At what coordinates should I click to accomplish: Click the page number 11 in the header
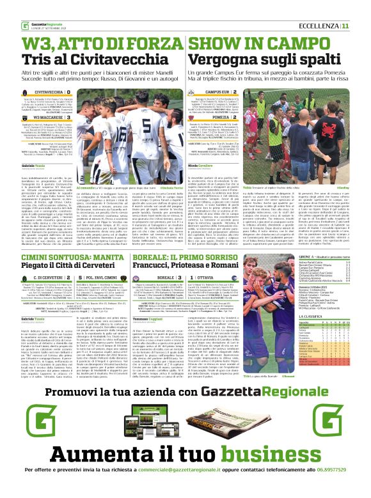pyautogui.click(x=363, y=26)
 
